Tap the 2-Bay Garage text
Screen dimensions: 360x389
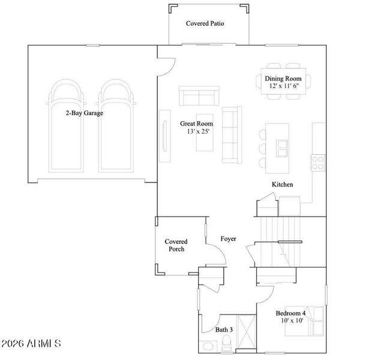click(x=84, y=112)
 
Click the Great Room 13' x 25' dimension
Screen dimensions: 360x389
click(x=197, y=132)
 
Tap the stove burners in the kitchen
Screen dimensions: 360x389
click(x=318, y=161)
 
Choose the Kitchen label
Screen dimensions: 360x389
click(x=282, y=184)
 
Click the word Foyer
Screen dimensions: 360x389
click(x=228, y=239)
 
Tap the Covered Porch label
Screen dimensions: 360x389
click(x=175, y=245)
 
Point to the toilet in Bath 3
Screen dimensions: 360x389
click(x=227, y=344)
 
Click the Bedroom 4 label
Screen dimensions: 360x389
click(x=291, y=313)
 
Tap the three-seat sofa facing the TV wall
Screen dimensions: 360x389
click(x=230, y=134)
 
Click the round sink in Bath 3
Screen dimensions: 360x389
click(x=208, y=346)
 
